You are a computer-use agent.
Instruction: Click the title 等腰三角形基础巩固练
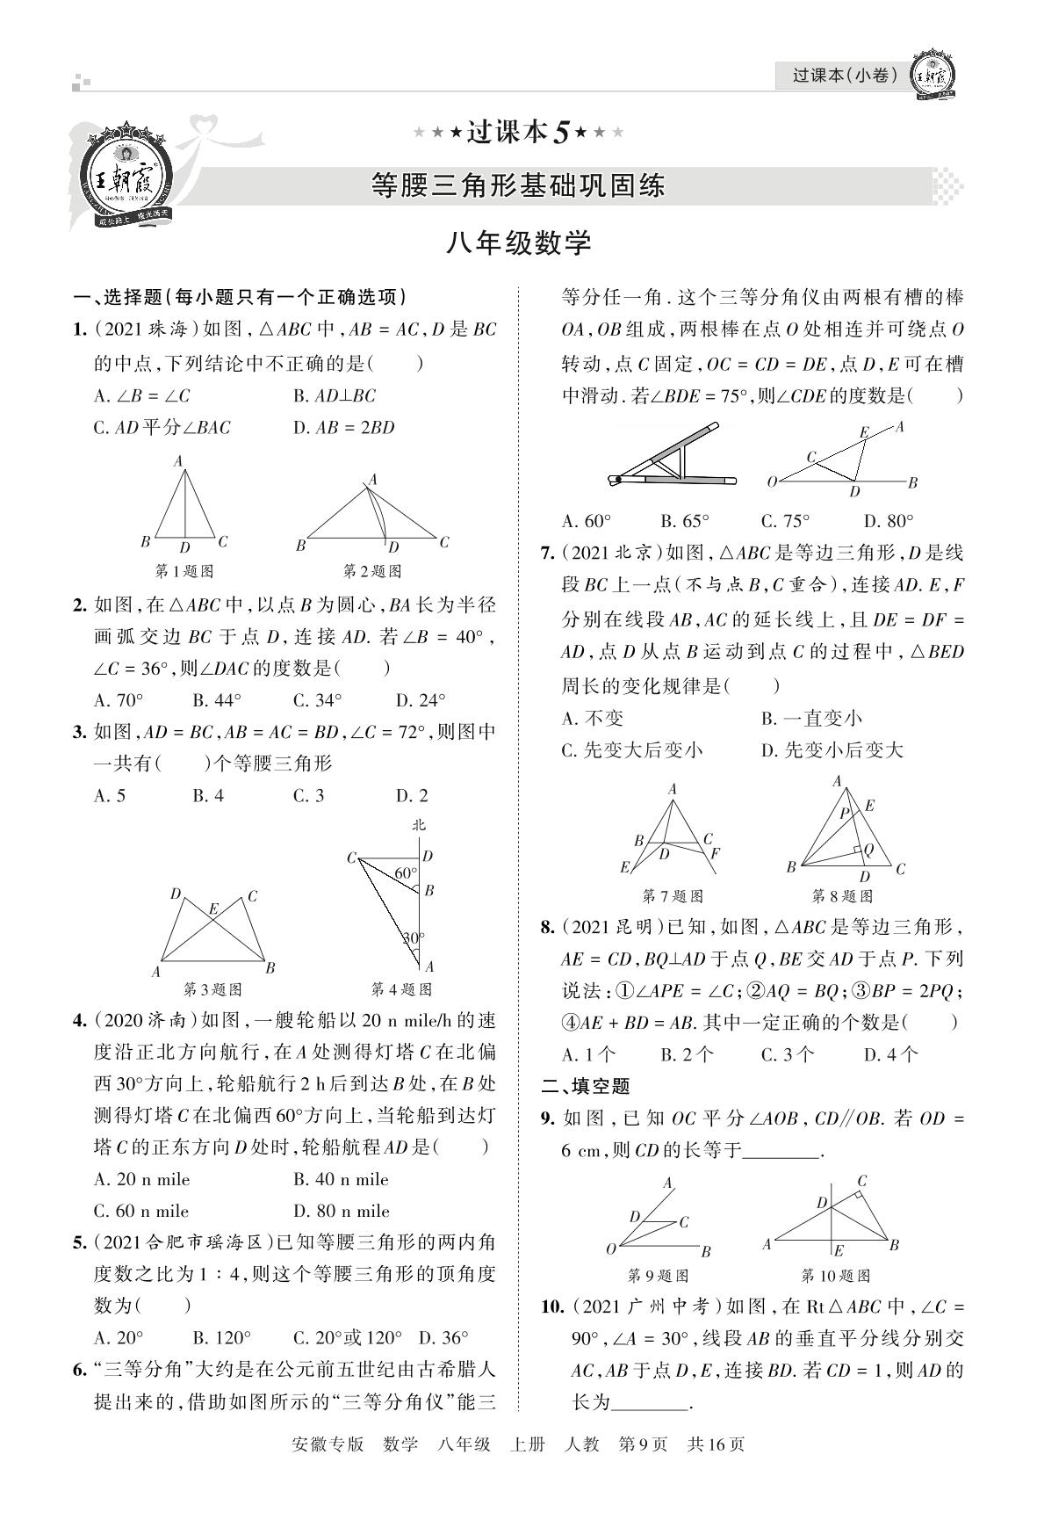click(x=518, y=185)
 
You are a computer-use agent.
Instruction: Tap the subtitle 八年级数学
click(x=518, y=242)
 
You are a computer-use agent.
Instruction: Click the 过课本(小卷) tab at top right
click(x=845, y=76)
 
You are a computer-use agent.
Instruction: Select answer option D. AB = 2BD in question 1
click(x=344, y=428)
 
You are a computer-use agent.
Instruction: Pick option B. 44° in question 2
click(x=217, y=700)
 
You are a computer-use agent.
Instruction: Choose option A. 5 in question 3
click(x=110, y=796)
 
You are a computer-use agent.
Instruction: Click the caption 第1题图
click(x=184, y=571)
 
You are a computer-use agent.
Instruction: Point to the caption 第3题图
click(x=212, y=989)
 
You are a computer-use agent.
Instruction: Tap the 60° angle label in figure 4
click(x=405, y=873)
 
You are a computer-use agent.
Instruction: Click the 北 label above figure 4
click(x=419, y=824)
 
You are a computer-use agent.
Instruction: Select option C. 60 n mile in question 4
click(x=141, y=1211)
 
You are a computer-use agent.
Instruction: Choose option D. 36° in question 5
click(x=443, y=1338)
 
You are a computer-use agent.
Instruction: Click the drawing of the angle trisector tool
click(x=672, y=457)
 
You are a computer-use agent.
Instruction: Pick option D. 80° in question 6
click(x=889, y=521)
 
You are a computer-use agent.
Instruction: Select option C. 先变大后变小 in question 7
click(x=632, y=750)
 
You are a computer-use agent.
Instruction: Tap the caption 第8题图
click(x=842, y=896)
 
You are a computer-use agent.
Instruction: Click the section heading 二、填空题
click(x=586, y=1086)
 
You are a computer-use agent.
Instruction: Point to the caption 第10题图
click(x=835, y=1276)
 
